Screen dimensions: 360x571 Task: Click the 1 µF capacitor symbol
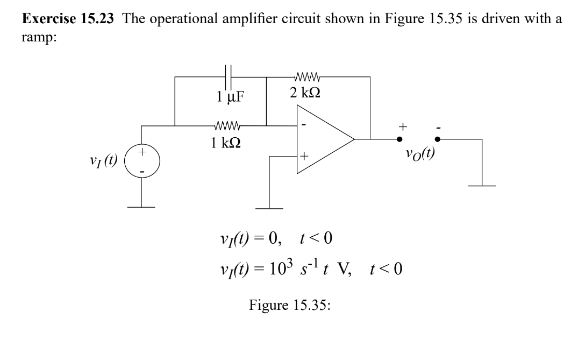[x=229, y=76]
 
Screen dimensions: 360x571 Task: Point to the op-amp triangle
[x=323, y=139]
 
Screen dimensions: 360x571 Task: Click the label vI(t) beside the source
[x=104, y=160]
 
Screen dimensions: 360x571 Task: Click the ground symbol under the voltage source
[x=141, y=207]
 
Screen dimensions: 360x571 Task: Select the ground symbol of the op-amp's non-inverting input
[x=269, y=208]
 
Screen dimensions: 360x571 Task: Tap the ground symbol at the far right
[x=482, y=186]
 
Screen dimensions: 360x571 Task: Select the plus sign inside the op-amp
[x=305, y=157]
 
